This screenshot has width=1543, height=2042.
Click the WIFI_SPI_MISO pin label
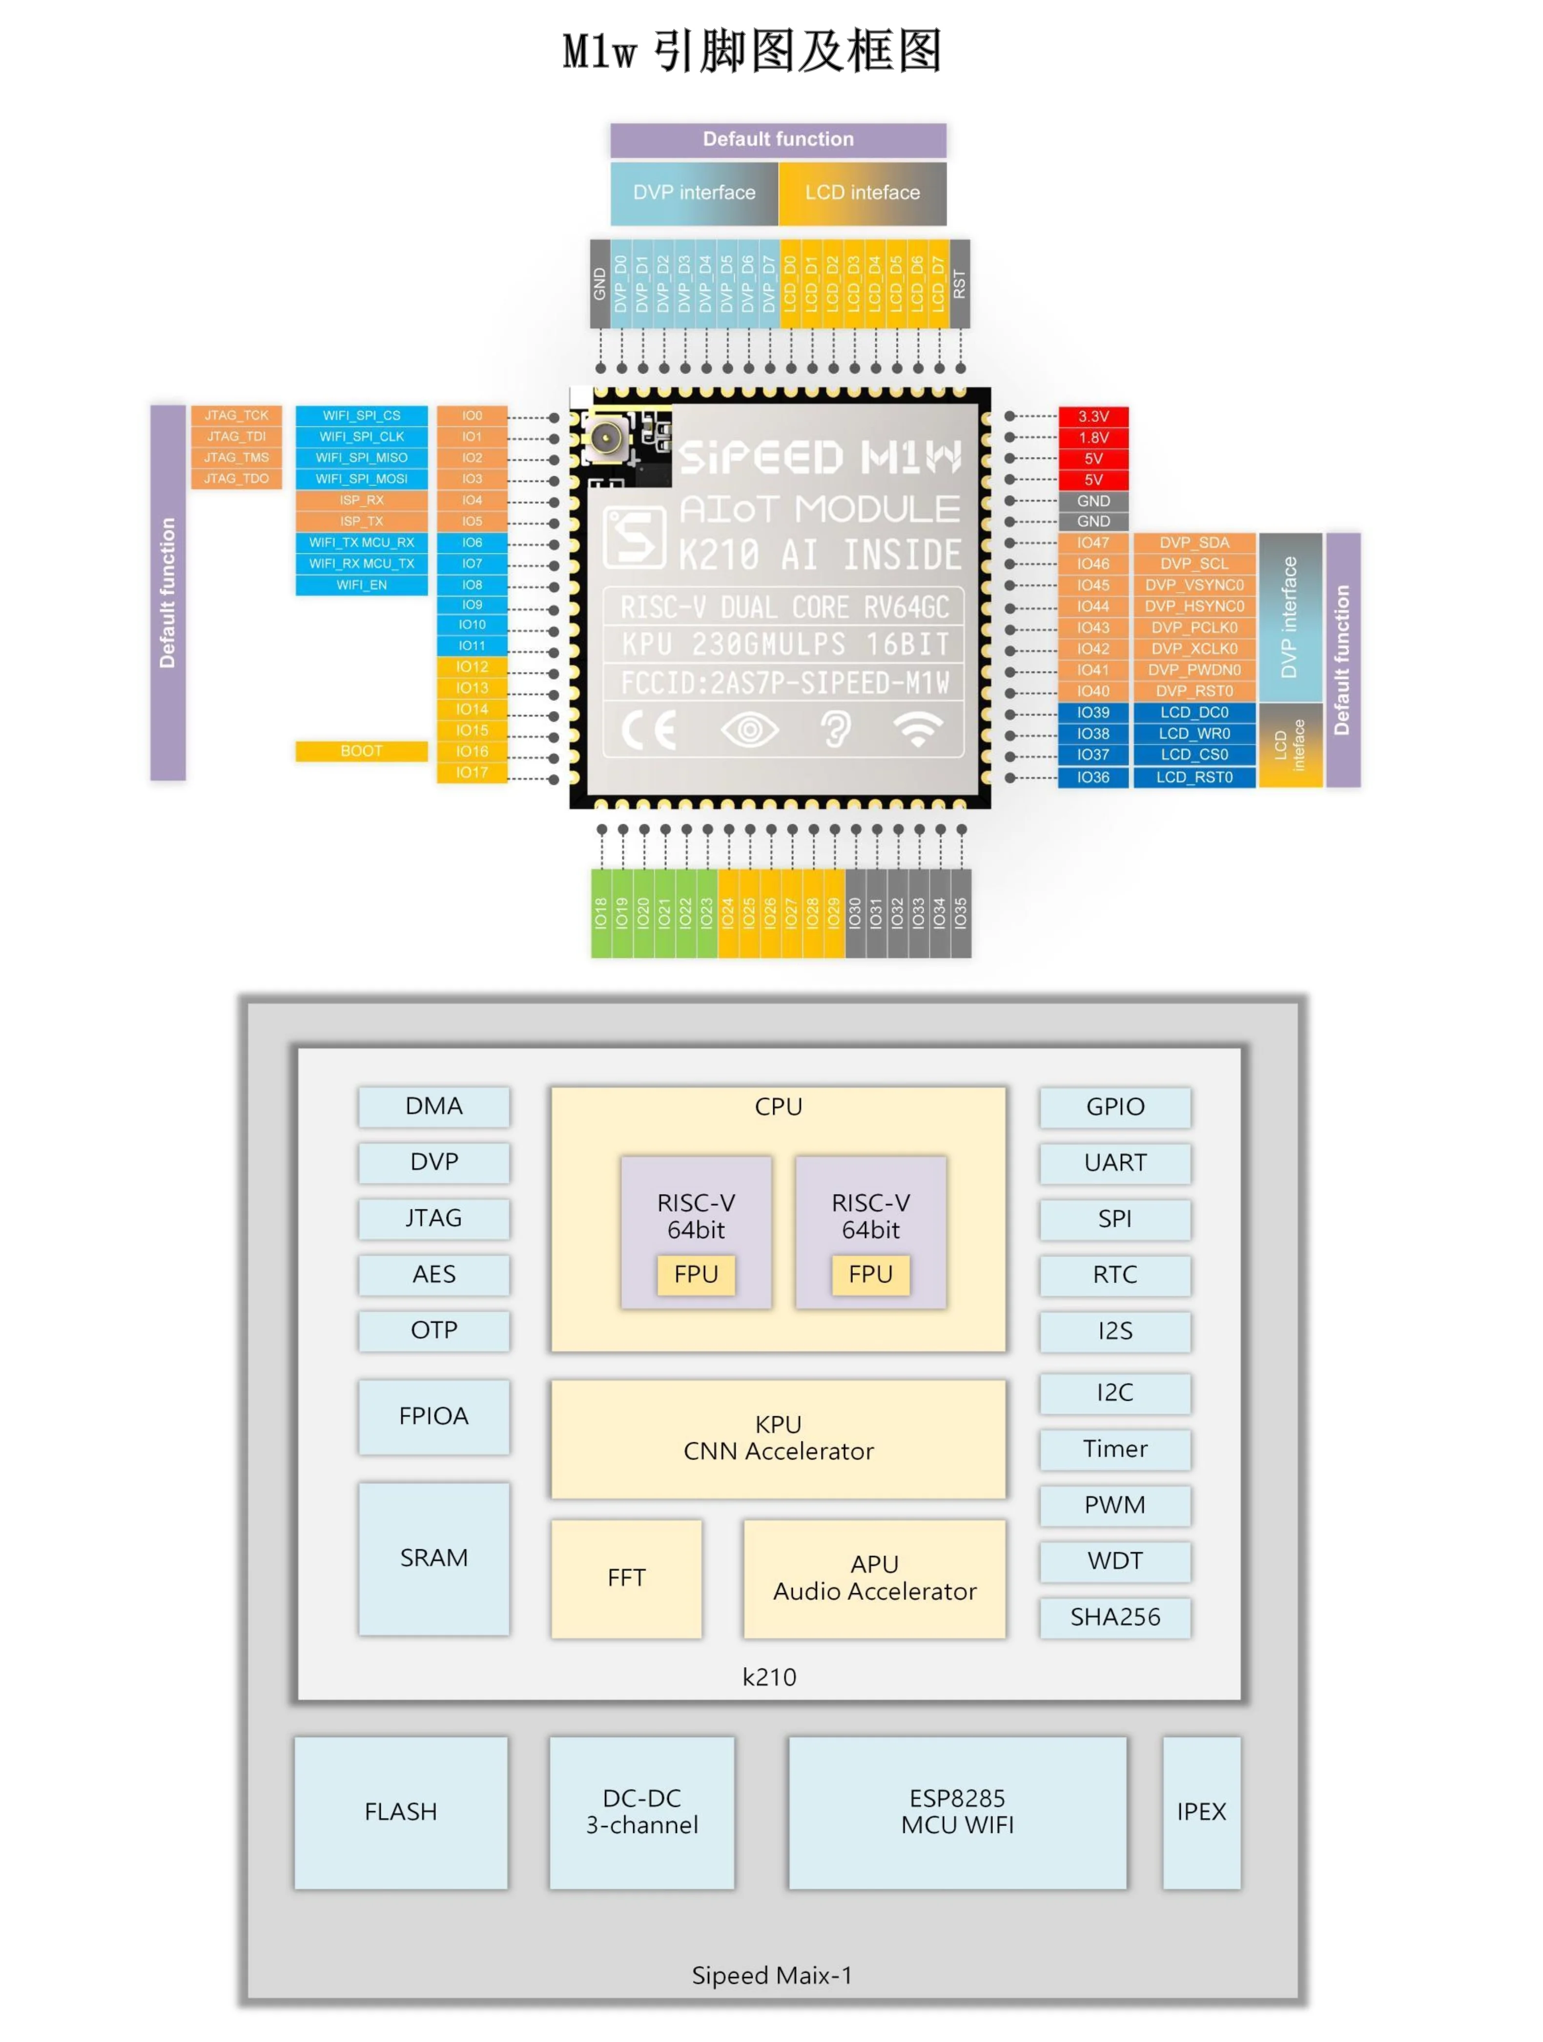361,458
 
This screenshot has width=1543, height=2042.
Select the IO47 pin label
1092,543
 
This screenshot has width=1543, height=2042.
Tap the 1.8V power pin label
1092,438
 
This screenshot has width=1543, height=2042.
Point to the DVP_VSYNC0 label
1194,585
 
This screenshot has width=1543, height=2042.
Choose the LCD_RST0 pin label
1194,778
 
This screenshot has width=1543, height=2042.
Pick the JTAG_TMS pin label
236,458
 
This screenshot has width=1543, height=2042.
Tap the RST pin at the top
960,283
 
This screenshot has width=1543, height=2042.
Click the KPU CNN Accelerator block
778,1438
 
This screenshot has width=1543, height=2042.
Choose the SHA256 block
1115,1618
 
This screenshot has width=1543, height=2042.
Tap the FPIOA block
434,1416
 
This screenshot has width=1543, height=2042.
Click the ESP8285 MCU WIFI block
957,1812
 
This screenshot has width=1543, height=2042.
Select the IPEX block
1201,1812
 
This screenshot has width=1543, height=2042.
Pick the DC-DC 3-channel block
641,1812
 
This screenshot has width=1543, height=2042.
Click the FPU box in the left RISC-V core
696,1275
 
